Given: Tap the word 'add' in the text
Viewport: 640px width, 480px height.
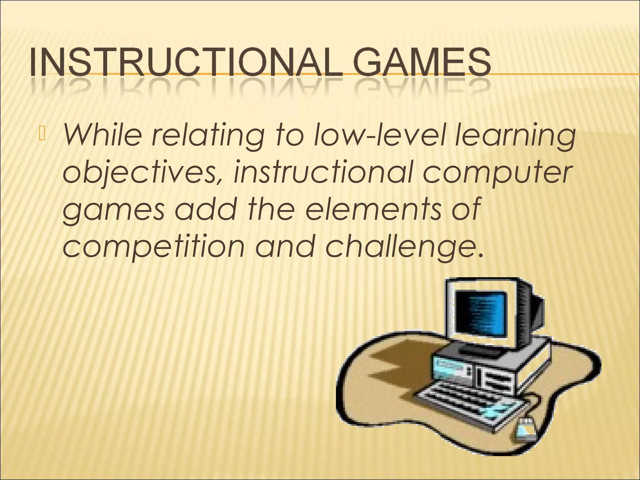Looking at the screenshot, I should (205, 207).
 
